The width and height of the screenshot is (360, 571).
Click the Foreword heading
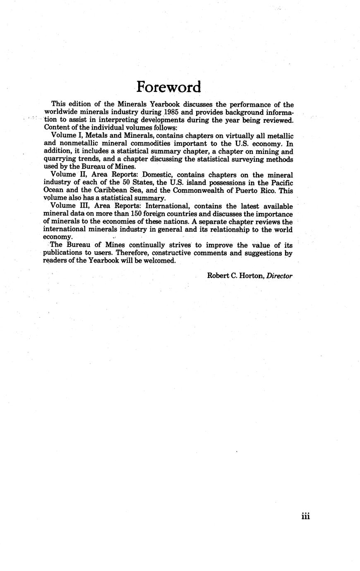click(169, 87)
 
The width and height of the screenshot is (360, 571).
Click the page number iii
click(305, 516)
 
